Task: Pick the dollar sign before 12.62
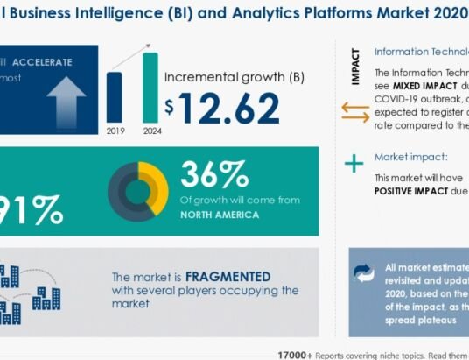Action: coord(170,108)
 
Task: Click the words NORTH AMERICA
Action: coord(221,214)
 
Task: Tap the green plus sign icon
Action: coord(354,163)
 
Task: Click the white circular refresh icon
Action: coord(363,273)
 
